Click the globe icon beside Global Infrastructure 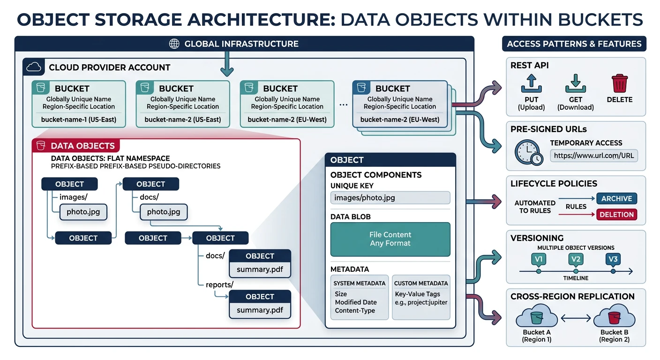(x=174, y=44)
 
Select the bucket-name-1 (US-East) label (x=79, y=120)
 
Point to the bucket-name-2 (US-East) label (x=183, y=120)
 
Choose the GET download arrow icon (x=575, y=83)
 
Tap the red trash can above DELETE (x=620, y=83)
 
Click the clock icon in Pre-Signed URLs (x=529, y=153)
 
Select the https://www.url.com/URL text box (x=594, y=155)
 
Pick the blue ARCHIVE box (x=616, y=199)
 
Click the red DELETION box (x=616, y=215)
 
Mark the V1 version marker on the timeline (x=538, y=259)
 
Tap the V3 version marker (x=613, y=259)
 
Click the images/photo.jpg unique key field (x=390, y=198)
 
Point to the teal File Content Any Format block (x=390, y=239)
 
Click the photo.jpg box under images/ (x=83, y=212)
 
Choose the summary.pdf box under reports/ (x=260, y=310)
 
